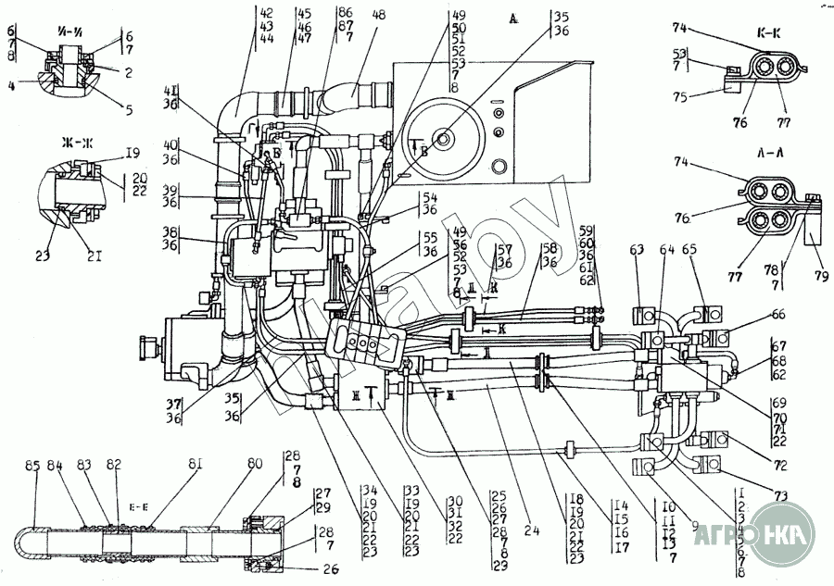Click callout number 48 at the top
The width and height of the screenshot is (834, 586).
click(x=379, y=15)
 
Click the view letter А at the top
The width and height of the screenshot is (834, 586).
click(x=514, y=18)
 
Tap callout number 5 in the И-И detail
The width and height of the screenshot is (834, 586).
click(x=127, y=109)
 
